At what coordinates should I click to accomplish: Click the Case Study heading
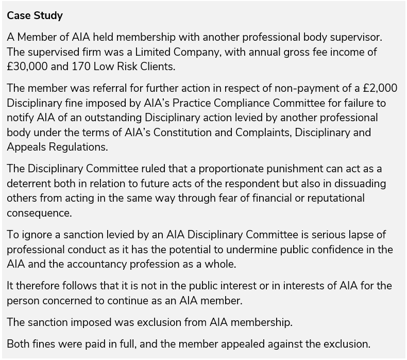[35, 15]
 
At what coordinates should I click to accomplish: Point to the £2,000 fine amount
[379, 89]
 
